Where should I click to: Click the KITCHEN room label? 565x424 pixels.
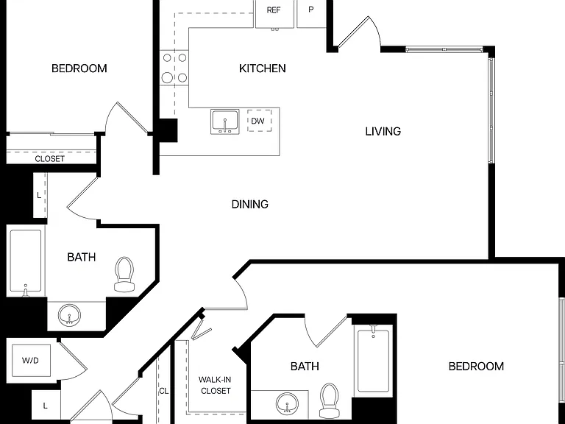click(x=263, y=68)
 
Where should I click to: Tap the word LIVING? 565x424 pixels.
click(x=383, y=131)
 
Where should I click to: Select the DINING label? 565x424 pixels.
click(x=249, y=205)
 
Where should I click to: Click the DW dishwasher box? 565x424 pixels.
click(x=259, y=121)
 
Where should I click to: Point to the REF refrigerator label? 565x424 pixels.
click(x=274, y=10)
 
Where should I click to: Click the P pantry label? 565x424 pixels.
click(x=311, y=10)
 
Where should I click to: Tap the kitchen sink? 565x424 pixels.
click(x=225, y=122)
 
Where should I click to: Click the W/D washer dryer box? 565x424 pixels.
click(x=31, y=360)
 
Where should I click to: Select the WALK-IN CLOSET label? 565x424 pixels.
click(x=216, y=385)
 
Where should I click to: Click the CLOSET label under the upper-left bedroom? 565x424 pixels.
click(x=50, y=159)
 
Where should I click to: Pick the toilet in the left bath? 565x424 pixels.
click(x=124, y=274)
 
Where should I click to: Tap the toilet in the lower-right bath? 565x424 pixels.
click(x=330, y=400)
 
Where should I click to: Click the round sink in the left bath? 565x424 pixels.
click(x=69, y=316)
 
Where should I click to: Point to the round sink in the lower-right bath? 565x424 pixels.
click(x=287, y=404)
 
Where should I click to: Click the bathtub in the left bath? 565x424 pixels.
click(x=26, y=261)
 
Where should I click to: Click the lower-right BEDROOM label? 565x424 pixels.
click(x=476, y=367)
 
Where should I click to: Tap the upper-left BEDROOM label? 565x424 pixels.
click(x=79, y=68)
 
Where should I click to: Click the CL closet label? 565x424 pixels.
click(x=164, y=391)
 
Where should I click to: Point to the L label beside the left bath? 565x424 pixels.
click(x=39, y=195)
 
